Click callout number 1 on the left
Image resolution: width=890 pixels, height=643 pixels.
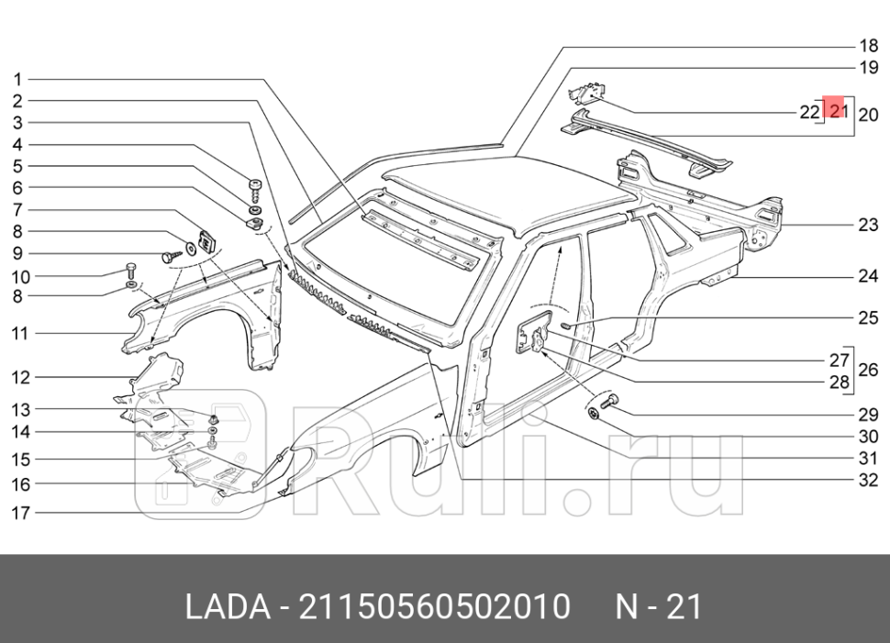[17, 79]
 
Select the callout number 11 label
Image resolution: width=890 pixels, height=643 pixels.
[20, 334]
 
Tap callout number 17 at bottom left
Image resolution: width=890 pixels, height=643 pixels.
[20, 514]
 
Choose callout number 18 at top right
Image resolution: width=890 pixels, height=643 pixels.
[868, 45]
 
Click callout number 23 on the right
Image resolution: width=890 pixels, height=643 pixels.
[868, 225]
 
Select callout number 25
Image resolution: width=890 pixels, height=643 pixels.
[868, 318]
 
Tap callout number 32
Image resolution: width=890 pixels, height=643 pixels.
[868, 480]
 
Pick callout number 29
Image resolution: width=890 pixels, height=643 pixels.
[868, 416]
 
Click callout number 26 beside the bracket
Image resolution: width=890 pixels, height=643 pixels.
[868, 371]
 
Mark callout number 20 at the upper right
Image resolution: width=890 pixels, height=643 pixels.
[868, 115]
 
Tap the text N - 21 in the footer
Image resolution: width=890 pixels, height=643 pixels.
[658, 606]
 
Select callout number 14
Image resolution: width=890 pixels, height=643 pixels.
[20, 431]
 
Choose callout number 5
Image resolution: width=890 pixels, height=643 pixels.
[17, 166]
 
